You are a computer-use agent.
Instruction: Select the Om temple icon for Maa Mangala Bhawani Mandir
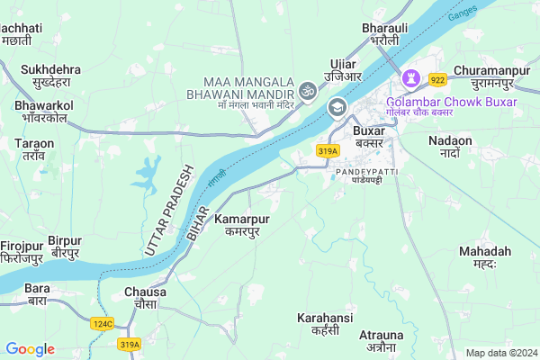click(x=308, y=91)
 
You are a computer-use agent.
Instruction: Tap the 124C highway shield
click(x=101, y=322)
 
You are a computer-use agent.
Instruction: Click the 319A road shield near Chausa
click(x=130, y=343)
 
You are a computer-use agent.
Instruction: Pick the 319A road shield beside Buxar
click(x=327, y=150)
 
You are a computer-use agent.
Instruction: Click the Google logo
click(x=30, y=349)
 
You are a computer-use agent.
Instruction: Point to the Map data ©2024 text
click(x=499, y=353)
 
